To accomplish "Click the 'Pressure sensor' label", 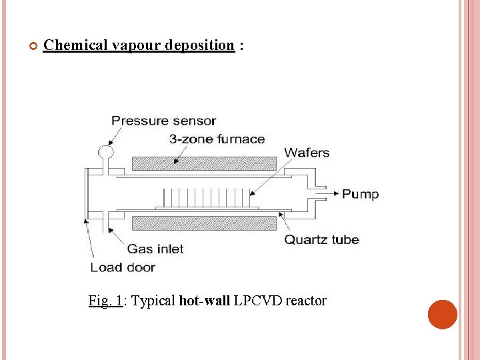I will (x=163, y=121).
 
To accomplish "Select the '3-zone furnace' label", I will (x=217, y=139).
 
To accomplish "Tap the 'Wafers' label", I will (x=307, y=153).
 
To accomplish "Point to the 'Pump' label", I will (x=360, y=194).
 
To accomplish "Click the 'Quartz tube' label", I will (x=321, y=239).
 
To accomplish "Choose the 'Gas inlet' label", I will (x=155, y=249).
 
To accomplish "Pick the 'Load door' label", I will (x=123, y=267).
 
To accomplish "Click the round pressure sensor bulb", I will (x=106, y=153).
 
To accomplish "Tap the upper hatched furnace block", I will (x=204, y=164).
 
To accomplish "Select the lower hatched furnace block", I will (x=204, y=223).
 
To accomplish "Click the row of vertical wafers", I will (x=206, y=198).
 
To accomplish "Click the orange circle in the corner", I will (x=443, y=314).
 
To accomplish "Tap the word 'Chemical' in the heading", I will (x=75, y=45).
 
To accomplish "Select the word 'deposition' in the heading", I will (x=199, y=45).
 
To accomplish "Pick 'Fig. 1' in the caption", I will (x=105, y=301).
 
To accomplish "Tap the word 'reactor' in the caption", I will (x=306, y=301).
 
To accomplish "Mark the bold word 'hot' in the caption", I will (x=189, y=301).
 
